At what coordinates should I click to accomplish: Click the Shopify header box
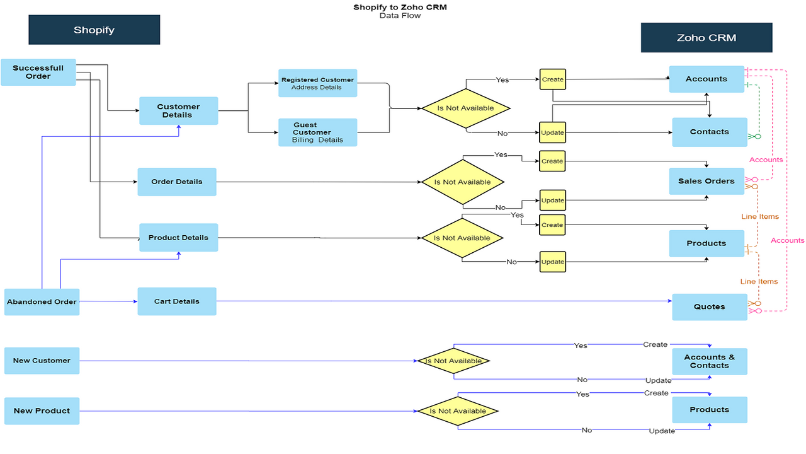(94, 30)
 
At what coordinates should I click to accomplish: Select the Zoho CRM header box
(706, 37)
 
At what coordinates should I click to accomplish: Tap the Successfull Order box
(38, 72)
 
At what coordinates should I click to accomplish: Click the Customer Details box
(178, 111)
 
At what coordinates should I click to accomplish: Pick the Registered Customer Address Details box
(317, 83)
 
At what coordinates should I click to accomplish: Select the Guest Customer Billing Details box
(317, 132)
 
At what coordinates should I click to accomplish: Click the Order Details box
(177, 182)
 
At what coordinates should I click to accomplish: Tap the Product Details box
(178, 238)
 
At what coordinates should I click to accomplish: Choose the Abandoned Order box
(42, 301)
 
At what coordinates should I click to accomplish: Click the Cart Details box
(177, 301)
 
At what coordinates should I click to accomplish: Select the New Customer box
(42, 361)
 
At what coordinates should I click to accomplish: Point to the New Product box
(42, 410)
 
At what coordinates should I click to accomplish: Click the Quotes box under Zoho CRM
(710, 307)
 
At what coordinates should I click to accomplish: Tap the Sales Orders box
(706, 181)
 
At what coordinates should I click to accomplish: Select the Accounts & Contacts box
(709, 361)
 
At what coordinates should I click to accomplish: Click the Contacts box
(709, 132)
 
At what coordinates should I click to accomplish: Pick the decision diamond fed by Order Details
(463, 182)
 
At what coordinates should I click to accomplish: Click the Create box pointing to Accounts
(552, 79)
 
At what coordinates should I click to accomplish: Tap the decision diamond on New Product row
(458, 411)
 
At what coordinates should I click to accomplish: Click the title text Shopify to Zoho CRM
(400, 8)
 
